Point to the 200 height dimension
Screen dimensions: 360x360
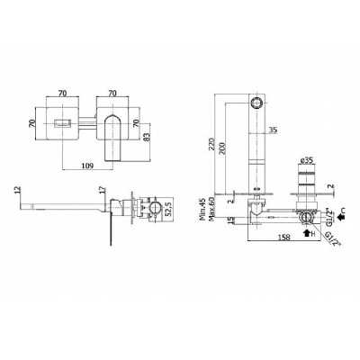pyautogui.click(x=222, y=147)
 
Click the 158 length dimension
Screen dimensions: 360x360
pyautogui.click(x=284, y=238)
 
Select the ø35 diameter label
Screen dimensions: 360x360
pyautogui.click(x=306, y=160)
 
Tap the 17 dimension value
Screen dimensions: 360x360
pyautogui.click(x=103, y=190)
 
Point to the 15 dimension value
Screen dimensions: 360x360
pyautogui.click(x=229, y=220)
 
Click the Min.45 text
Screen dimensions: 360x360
pyautogui.click(x=202, y=209)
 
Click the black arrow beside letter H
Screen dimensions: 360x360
pyautogui.click(x=307, y=233)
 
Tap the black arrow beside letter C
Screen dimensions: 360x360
pyautogui.click(x=340, y=216)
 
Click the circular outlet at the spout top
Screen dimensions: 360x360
pyautogui.click(x=257, y=103)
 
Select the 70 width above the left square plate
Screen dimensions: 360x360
pyautogui.click(x=62, y=94)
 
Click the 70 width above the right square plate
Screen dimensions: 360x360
pyautogui.click(x=112, y=94)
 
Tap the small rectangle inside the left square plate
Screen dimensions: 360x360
pyautogui.click(x=62, y=123)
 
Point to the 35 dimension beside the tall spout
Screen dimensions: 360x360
pyautogui.click(x=273, y=130)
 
